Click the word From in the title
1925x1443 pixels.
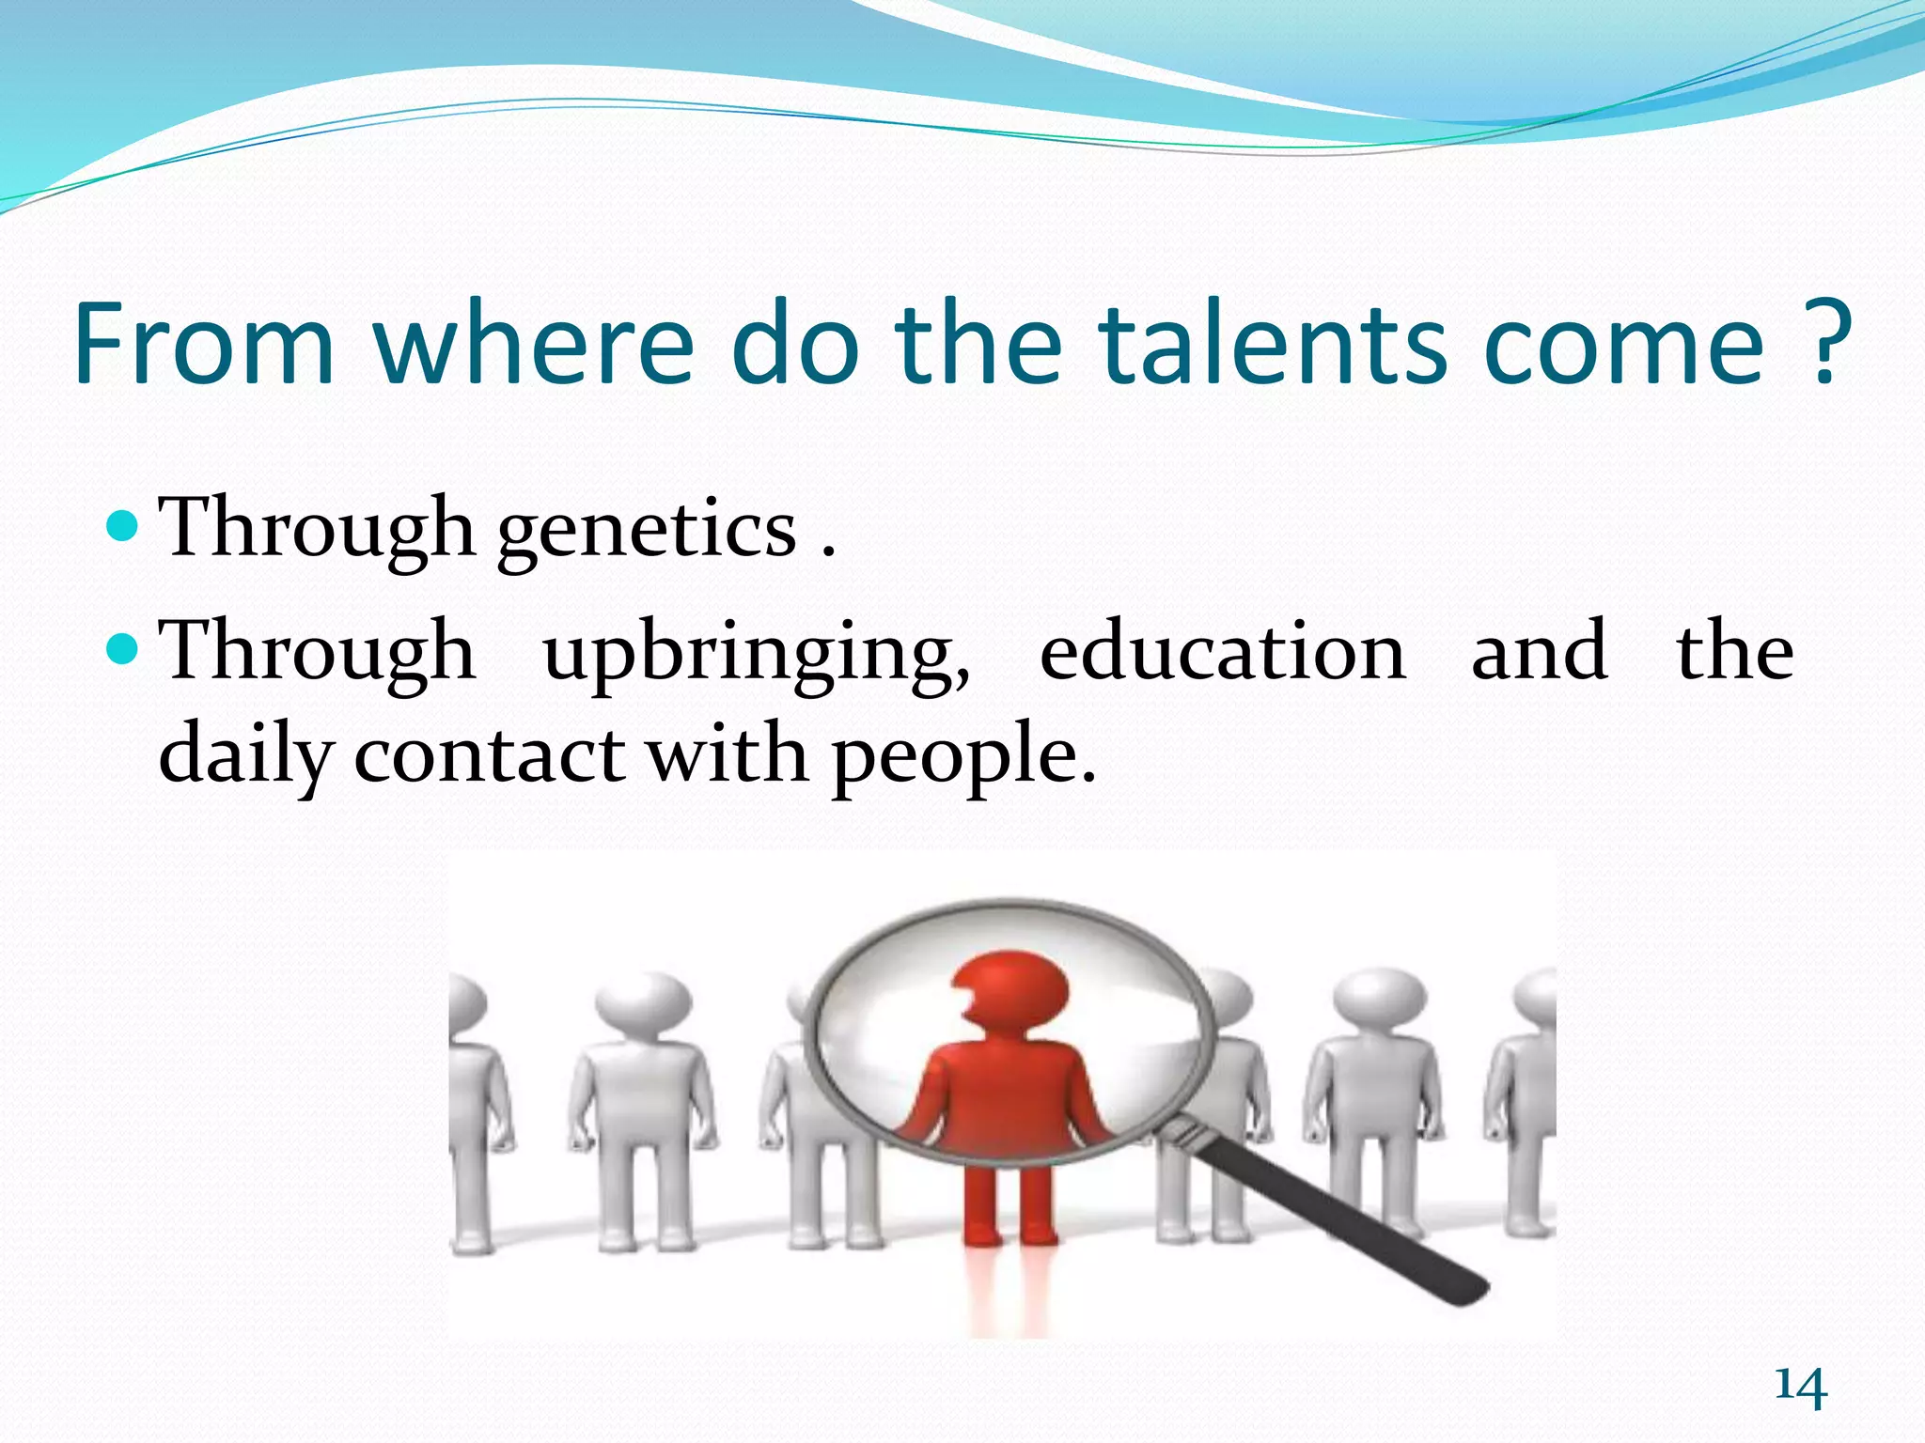204,344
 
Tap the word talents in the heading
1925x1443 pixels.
1274,344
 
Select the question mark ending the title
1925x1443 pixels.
1827,344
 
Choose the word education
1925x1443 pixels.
1222,653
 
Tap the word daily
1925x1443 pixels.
245,756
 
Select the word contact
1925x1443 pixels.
489,756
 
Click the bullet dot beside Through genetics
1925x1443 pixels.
123,525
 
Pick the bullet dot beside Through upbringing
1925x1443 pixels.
123,647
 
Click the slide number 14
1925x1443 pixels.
1800,1389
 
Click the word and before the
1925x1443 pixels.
1539,653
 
